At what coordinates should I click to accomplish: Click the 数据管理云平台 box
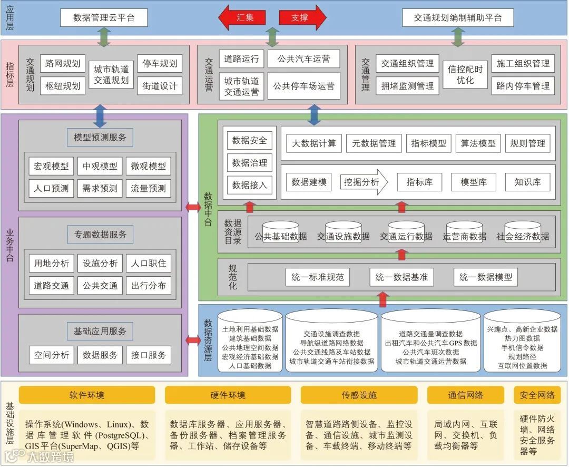(104, 17)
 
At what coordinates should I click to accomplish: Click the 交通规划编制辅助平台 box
(457, 17)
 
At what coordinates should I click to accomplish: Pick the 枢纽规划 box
(63, 85)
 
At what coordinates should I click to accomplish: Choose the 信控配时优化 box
(465, 74)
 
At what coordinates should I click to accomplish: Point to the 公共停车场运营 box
(303, 85)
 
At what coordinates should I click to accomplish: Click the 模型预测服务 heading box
(100, 138)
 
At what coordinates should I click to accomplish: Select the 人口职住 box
(149, 263)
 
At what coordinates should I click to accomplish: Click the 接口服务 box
(149, 355)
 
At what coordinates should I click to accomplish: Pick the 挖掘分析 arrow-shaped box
(363, 182)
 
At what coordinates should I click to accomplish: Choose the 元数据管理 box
(374, 143)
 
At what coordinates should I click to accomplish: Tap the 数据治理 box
(250, 163)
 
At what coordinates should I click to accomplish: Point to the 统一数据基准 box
(401, 277)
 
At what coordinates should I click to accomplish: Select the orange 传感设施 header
(359, 395)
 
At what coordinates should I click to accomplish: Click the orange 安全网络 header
(537, 395)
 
